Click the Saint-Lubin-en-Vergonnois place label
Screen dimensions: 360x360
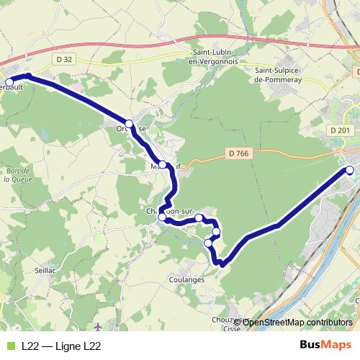tap(216, 57)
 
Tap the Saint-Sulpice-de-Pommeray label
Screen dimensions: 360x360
tap(282, 74)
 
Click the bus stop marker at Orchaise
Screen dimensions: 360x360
tap(130, 123)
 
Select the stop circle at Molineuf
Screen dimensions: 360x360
tap(163, 165)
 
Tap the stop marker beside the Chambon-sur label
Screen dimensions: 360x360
tap(163, 217)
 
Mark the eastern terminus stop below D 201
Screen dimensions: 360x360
tap(351, 171)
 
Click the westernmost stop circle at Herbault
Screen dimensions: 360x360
tap(9, 81)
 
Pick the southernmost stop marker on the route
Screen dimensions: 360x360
tap(209, 243)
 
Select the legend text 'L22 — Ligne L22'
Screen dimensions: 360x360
tap(61, 346)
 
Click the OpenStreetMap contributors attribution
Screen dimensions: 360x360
tap(297, 322)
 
